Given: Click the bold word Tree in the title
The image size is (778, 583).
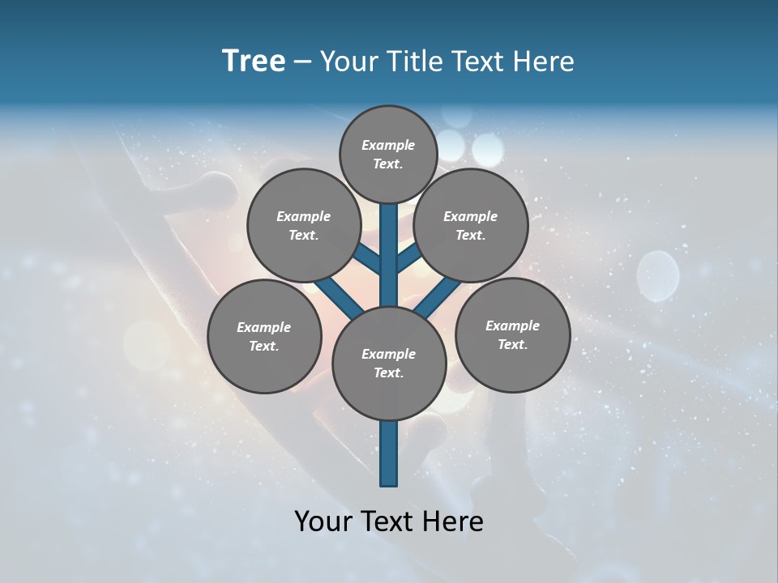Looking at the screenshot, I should (x=254, y=62).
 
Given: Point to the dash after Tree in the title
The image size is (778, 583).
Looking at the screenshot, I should (x=302, y=62).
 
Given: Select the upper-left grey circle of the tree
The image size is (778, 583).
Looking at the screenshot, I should (x=303, y=225).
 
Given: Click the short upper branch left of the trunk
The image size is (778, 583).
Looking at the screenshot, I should (x=369, y=259).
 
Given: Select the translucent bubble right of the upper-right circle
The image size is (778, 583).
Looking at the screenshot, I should (x=657, y=275).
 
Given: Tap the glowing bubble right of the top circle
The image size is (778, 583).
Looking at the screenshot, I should (x=488, y=148).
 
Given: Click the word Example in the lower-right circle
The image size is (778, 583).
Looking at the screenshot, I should (x=512, y=326).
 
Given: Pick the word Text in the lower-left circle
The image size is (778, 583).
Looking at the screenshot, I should (x=263, y=347).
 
